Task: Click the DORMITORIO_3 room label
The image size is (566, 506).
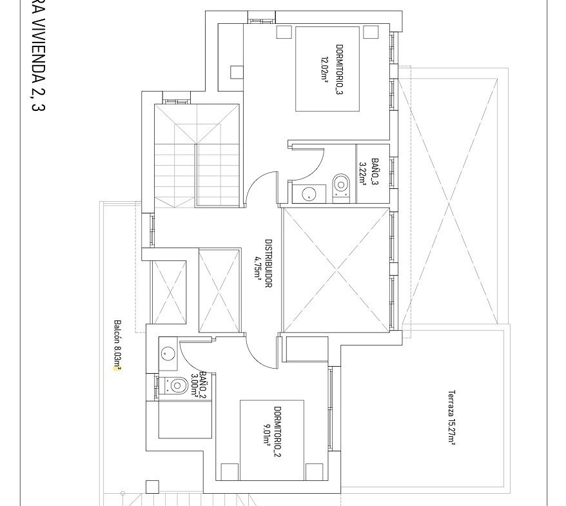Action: pos(339,70)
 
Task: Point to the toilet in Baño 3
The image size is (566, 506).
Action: pos(341,187)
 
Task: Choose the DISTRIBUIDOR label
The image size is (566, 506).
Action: pos(269,264)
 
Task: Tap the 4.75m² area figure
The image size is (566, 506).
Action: pos(258,268)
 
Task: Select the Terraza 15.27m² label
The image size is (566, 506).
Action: pos(451,418)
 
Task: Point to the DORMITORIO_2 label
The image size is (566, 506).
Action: pos(278,432)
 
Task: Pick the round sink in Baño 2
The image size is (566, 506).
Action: pos(168,353)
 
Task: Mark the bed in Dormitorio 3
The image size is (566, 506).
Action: pos(327,68)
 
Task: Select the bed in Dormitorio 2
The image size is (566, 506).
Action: pos(272,440)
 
